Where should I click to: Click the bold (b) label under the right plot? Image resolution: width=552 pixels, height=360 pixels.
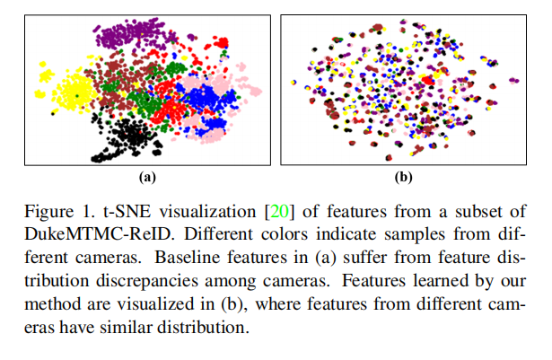[x=403, y=177]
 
